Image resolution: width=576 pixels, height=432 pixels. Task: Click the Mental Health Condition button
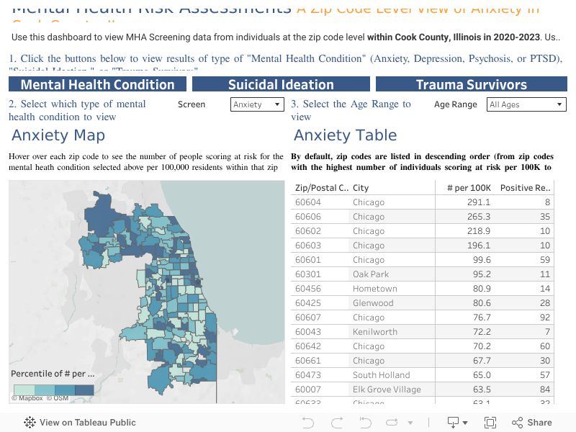[97, 84]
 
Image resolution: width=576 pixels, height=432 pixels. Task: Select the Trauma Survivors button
[471, 84]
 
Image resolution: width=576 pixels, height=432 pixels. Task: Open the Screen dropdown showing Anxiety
[258, 104]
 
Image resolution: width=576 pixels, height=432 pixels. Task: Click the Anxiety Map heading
[58, 135]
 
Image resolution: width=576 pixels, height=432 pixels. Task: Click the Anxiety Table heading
[345, 135]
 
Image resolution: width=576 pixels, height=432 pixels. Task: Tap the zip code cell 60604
[308, 202]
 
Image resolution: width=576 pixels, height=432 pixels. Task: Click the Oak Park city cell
[370, 274]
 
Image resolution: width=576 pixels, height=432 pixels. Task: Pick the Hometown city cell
[374, 289]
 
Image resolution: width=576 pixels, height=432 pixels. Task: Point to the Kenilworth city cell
[374, 332]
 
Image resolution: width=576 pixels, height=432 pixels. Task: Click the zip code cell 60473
[308, 375]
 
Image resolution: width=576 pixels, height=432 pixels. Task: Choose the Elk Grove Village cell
[387, 390]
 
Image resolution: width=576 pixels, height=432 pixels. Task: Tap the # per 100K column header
[469, 188]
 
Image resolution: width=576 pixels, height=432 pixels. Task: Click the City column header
[361, 188]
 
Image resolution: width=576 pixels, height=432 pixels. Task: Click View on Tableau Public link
[80, 423]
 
